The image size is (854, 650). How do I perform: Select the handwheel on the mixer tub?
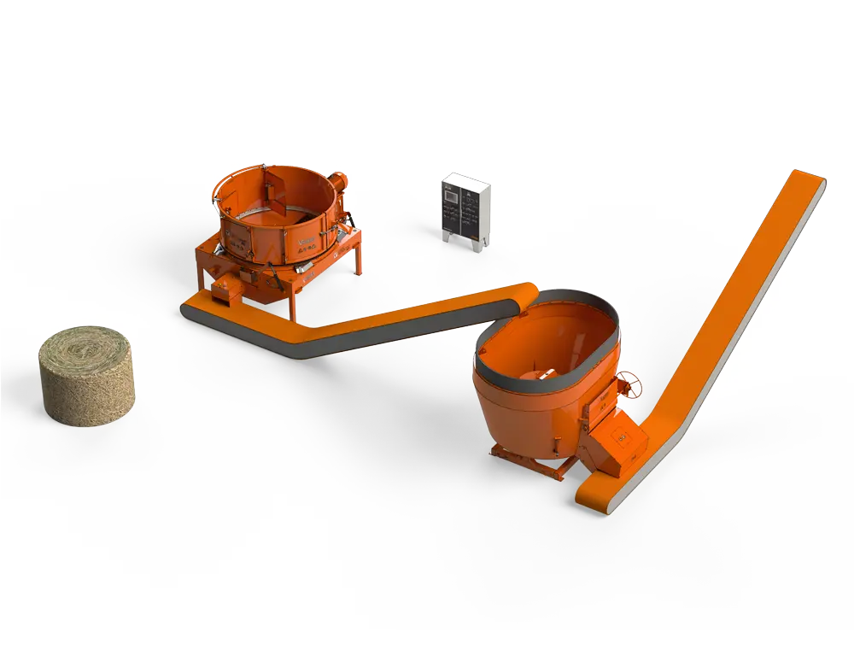pyautogui.click(x=631, y=384)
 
